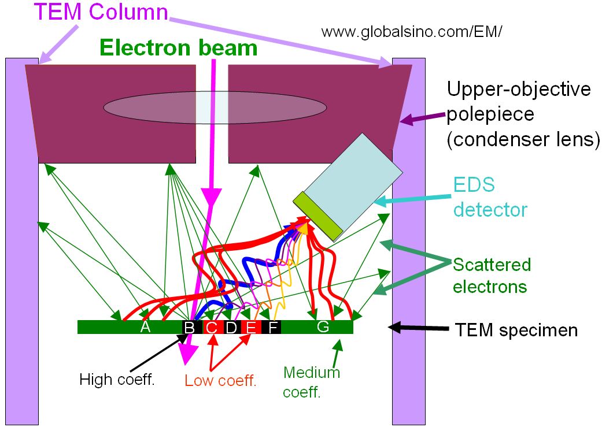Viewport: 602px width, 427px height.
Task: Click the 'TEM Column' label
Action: click(x=100, y=12)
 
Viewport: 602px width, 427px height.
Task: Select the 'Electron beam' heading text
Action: click(x=178, y=47)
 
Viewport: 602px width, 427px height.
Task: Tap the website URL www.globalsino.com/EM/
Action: click(x=412, y=32)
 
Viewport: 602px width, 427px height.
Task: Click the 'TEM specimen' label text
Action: click(x=516, y=330)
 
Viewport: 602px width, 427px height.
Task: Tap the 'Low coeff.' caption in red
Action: click(x=220, y=381)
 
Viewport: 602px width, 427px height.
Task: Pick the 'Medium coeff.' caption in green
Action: click(x=311, y=382)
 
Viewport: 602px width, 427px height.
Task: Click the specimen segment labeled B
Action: click(x=189, y=328)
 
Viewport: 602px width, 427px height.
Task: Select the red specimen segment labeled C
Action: click(x=212, y=328)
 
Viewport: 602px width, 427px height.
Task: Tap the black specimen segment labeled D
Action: click(x=231, y=328)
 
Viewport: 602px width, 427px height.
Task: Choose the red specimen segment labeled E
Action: click(x=251, y=328)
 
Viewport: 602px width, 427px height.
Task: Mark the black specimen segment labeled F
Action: click(x=272, y=328)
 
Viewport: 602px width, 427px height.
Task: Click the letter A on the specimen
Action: click(x=146, y=327)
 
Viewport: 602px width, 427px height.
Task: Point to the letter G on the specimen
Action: click(x=323, y=327)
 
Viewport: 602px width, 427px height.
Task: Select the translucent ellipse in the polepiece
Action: click(x=215, y=107)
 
